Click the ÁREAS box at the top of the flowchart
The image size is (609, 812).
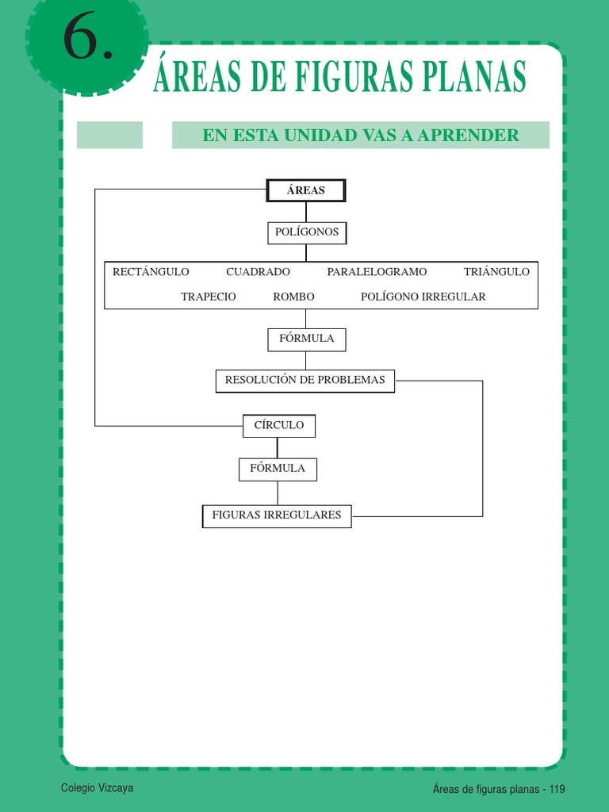[x=306, y=191]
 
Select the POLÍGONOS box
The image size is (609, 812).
[x=307, y=232]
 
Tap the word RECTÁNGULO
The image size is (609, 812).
[x=151, y=272]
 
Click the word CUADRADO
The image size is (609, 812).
[x=258, y=272]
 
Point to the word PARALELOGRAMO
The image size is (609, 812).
[x=377, y=272]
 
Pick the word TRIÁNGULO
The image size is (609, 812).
[x=496, y=272]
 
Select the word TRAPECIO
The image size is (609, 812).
[x=209, y=297]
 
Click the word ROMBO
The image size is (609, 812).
[x=293, y=297]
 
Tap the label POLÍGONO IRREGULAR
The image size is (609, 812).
[x=423, y=297]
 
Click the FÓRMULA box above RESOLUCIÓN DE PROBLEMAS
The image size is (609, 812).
[x=307, y=339]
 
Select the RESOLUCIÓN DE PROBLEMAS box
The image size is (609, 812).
[x=305, y=381]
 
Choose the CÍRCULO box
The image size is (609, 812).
[x=279, y=426]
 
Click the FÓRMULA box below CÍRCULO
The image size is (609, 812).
[x=278, y=469]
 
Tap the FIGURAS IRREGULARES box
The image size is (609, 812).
[x=277, y=515]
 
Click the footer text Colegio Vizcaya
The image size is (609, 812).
[x=98, y=788]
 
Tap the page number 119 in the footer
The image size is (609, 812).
[x=555, y=789]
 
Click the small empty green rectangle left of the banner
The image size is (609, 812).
[x=109, y=135]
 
